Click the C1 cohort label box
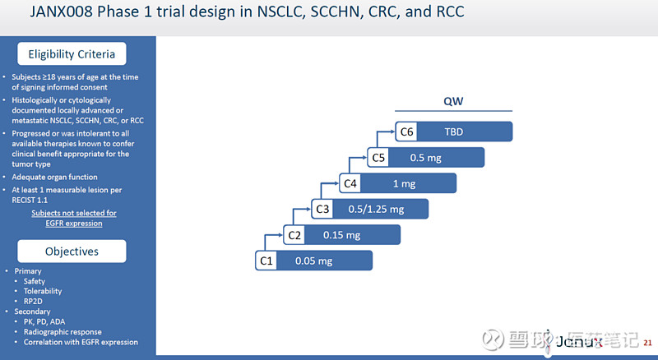266,261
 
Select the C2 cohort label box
294,235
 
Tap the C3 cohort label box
322,209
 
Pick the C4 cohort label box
350,183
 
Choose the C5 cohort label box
378,157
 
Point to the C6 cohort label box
406,132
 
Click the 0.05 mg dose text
313,261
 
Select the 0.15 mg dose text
341,235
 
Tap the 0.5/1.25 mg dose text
376,209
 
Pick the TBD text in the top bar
454,132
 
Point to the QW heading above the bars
453,101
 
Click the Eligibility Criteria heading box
72,54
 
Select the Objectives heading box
72,251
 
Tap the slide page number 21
647,341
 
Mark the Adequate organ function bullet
60,177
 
